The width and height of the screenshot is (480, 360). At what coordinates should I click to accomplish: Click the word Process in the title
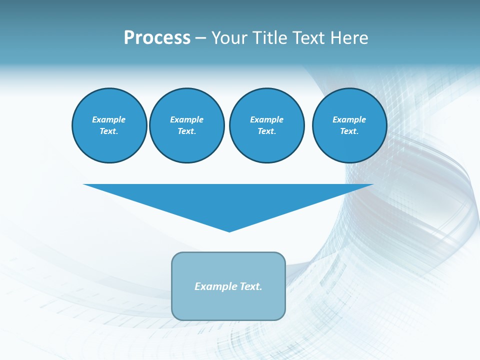(x=157, y=38)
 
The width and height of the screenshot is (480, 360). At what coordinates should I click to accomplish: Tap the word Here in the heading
(x=348, y=38)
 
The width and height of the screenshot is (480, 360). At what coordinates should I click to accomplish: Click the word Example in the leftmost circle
(x=109, y=119)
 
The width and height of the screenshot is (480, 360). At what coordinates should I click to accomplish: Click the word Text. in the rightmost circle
(x=349, y=131)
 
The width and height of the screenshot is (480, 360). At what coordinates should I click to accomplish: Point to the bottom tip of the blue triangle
(x=229, y=231)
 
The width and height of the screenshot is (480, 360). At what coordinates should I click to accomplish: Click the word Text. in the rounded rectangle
(x=251, y=286)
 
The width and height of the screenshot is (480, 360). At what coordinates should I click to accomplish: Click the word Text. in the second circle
(x=186, y=131)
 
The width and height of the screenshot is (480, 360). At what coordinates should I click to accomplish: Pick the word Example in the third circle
(x=266, y=119)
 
